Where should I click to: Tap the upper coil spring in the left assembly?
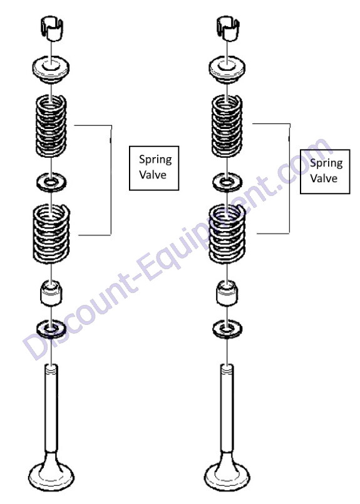[x=51, y=126]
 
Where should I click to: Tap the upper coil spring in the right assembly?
[x=227, y=126]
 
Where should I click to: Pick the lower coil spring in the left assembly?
[x=51, y=233]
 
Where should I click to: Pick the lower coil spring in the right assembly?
[x=227, y=233]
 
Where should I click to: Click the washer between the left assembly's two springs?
[x=51, y=182]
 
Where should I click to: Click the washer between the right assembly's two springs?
[x=227, y=182]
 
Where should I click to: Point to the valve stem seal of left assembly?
[x=51, y=293]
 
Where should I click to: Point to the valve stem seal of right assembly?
[x=227, y=293]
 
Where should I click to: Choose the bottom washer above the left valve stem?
[x=51, y=329]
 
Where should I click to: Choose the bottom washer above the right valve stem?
[x=227, y=329]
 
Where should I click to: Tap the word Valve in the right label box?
[x=324, y=178]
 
